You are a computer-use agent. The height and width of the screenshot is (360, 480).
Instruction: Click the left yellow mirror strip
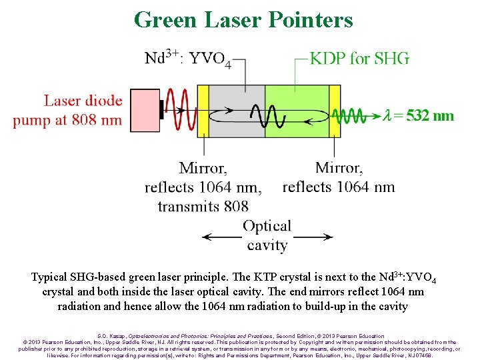pyautogui.click(x=203, y=110)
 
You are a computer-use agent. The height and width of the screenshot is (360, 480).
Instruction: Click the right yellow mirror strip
pyautogui.click(x=335, y=110)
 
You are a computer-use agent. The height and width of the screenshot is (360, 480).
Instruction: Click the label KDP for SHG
pyautogui.click(x=360, y=59)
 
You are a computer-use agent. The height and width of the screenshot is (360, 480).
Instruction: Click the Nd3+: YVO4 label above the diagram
pyautogui.click(x=189, y=59)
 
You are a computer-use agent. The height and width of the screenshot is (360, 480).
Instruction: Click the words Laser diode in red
pyautogui.click(x=83, y=101)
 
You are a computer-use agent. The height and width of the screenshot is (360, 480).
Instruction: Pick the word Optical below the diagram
pyautogui.click(x=267, y=226)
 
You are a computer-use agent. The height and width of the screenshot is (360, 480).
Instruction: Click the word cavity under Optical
pyautogui.click(x=267, y=245)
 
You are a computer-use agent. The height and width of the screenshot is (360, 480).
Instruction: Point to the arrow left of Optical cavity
pyautogui.click(x=220, y=237)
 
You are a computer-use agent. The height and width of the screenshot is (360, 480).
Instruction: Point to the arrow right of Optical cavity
pyautogui.click(x=313, y=237)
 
